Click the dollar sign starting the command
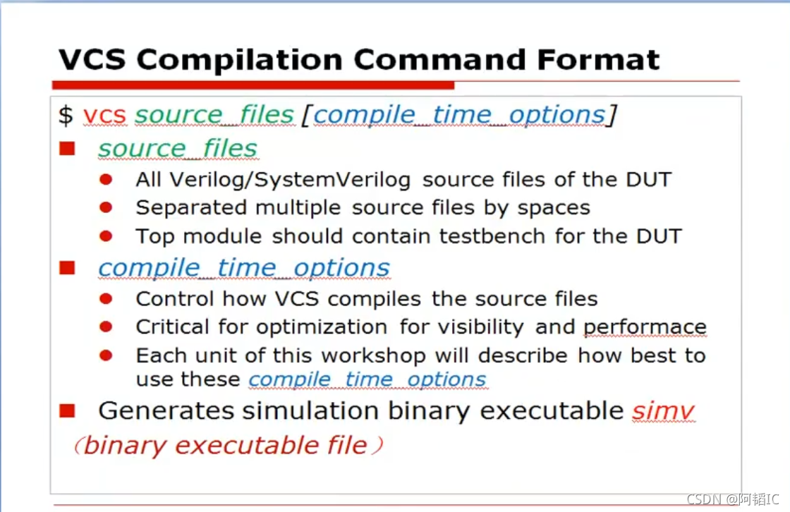tap(66, 115)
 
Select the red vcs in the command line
tap(104, 115)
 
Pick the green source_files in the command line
tap(214, 115)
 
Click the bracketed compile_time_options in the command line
tap(458, 115)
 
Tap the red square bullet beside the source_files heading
tap(67, 149)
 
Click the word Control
tap(176, 299)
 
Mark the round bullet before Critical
tap(106, 327)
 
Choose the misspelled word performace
tap(645, 327)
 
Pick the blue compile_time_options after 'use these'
tap(367, 380)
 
